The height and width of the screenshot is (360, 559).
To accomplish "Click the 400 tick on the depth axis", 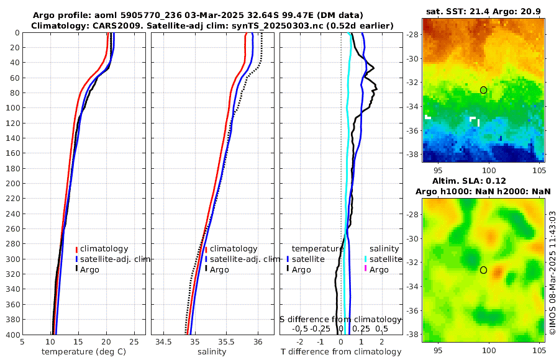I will (12, 335).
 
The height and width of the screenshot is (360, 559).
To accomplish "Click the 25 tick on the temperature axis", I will (134, 342).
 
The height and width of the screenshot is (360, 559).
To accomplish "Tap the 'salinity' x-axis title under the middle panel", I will (211, 352).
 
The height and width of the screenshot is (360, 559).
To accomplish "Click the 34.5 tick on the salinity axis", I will (164, 342).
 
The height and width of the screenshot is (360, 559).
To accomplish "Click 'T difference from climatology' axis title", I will (340, 352).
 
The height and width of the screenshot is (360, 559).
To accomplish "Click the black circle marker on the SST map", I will (483, 90).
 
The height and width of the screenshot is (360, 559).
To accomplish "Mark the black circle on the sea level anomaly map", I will (483, 270).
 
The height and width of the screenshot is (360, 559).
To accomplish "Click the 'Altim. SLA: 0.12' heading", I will (483, 180).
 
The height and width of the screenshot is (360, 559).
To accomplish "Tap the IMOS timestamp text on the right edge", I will (552, 273).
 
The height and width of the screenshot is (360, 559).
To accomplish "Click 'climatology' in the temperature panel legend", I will (104, 248).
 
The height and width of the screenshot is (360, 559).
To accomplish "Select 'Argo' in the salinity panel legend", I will (219, 269).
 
